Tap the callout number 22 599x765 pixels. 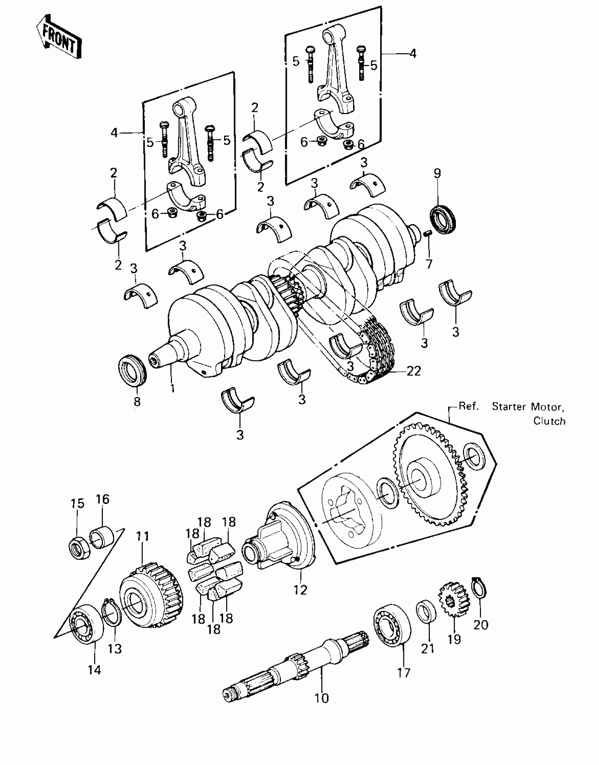click(x=414, y=371)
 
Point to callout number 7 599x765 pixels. click(x=429, y=264)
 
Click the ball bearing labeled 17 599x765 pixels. click(x=392, y=626)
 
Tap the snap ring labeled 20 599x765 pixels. click(x=479, y=587)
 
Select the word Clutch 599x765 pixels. click(x=549, y=421)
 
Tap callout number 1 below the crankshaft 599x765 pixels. click(x=173, y=388)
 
